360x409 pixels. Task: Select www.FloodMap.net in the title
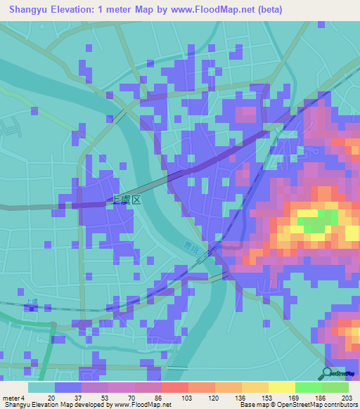pos(209,10)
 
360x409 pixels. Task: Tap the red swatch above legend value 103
pos(174,387)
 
